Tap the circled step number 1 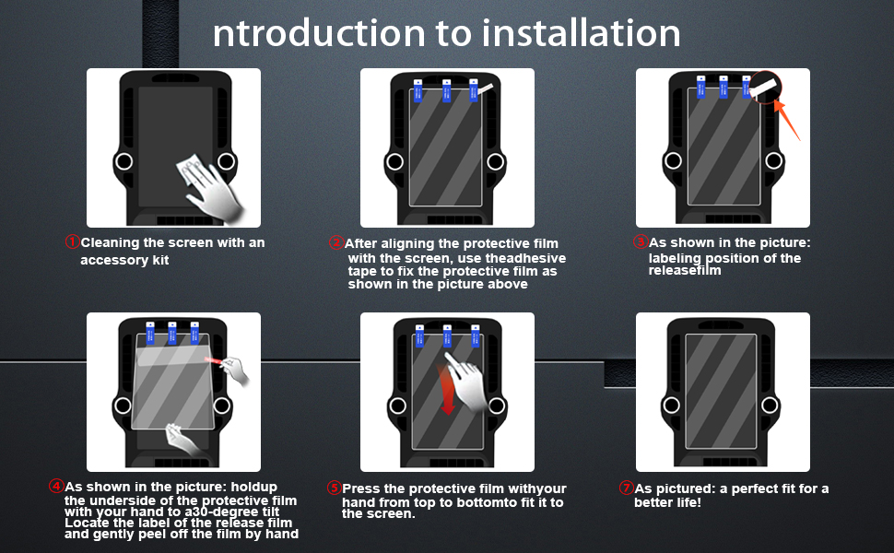[73, 242]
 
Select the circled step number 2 [335, 243]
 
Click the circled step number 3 [641, 242]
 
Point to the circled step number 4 [56, 487]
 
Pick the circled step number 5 [334, 488]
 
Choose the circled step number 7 [626, 488]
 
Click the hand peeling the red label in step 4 [236, 370]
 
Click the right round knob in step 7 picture [770, 406]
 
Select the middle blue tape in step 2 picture [447, 90]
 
